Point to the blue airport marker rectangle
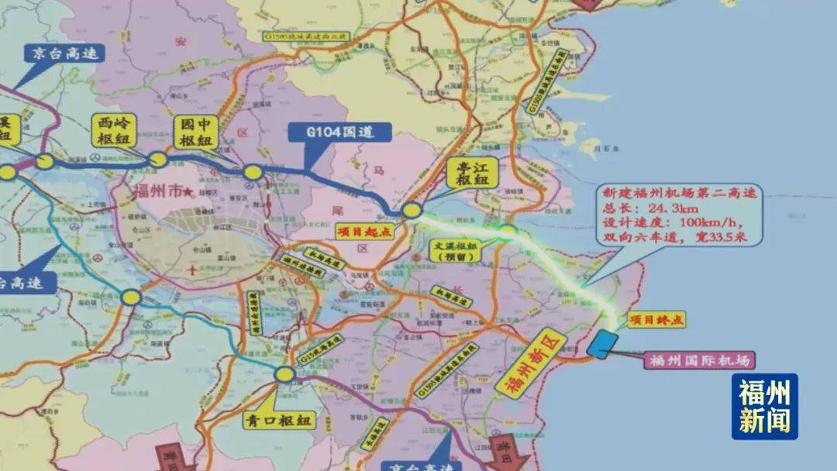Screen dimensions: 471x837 click(x=602, y=343)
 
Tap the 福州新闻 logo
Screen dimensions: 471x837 click(x=764, y=407)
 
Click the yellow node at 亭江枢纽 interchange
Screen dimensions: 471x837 click(x=411, y=210)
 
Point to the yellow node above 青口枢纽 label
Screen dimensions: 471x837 click(x=284, y=375)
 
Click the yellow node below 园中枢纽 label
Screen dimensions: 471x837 click(x=252, y=172)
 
